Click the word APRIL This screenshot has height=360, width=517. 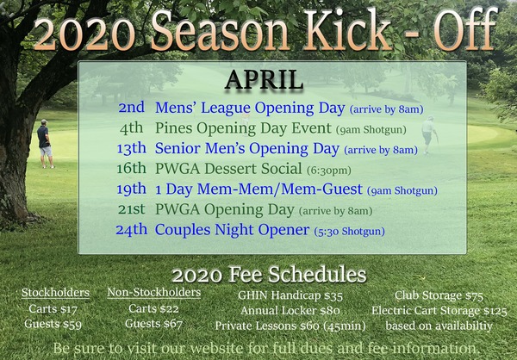(264, 80)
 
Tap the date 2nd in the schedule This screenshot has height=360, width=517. (132, 108)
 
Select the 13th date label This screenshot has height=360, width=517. (132, 148)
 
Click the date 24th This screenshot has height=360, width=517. (132, 230)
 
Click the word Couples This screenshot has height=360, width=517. (183, 231)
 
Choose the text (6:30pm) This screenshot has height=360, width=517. (329, 171)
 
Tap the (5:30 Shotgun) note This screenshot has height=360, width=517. (349, 232)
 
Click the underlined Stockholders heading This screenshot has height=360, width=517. (55, 293)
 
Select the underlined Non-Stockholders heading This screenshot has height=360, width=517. (154, 293)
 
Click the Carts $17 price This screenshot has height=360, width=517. (53, 309)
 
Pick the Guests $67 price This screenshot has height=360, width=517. (153, 324)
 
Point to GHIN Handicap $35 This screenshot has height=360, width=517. (290, 295)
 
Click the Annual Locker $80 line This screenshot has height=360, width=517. (290, 311)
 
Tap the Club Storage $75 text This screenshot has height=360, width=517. (439, 295)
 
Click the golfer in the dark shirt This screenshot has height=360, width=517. (45, 144)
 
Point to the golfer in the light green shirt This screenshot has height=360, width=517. (429, 135)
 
